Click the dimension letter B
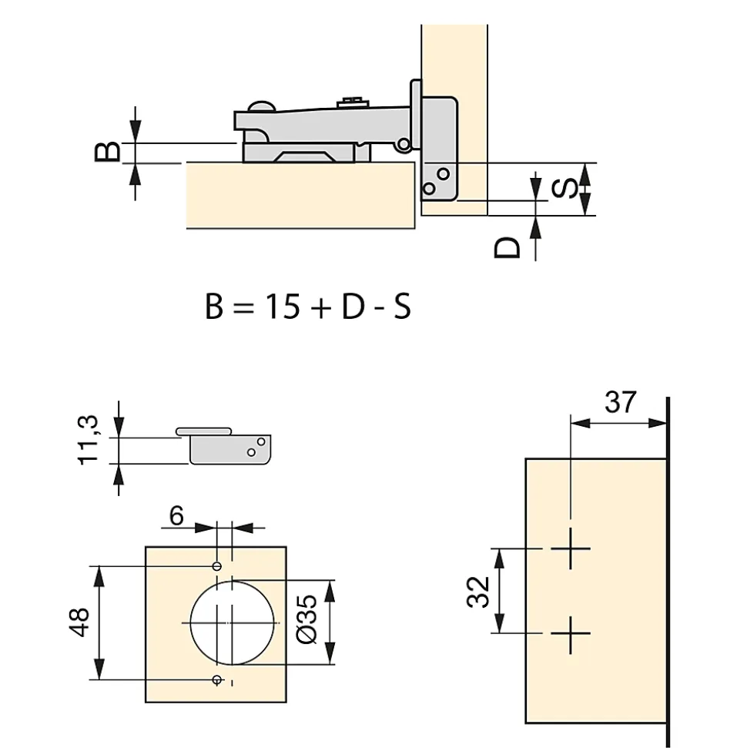[107, 152]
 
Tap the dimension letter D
[507, 247]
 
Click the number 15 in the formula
[283, 307]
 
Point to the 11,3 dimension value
[89, 440]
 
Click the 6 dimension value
[176, 515]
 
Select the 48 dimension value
[79, 622]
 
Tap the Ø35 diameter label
[307, 619]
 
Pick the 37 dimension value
[620, 402]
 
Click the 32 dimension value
[478, 592]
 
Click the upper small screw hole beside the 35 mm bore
[217, 566]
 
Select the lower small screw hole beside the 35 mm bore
[217, 679]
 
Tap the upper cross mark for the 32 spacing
[571, 548]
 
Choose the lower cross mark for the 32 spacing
[571, 634]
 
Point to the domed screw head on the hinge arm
[260, 106]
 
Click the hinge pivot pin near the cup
[404, 143]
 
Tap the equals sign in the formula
[243, 307]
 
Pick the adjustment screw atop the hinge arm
[353, 102]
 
